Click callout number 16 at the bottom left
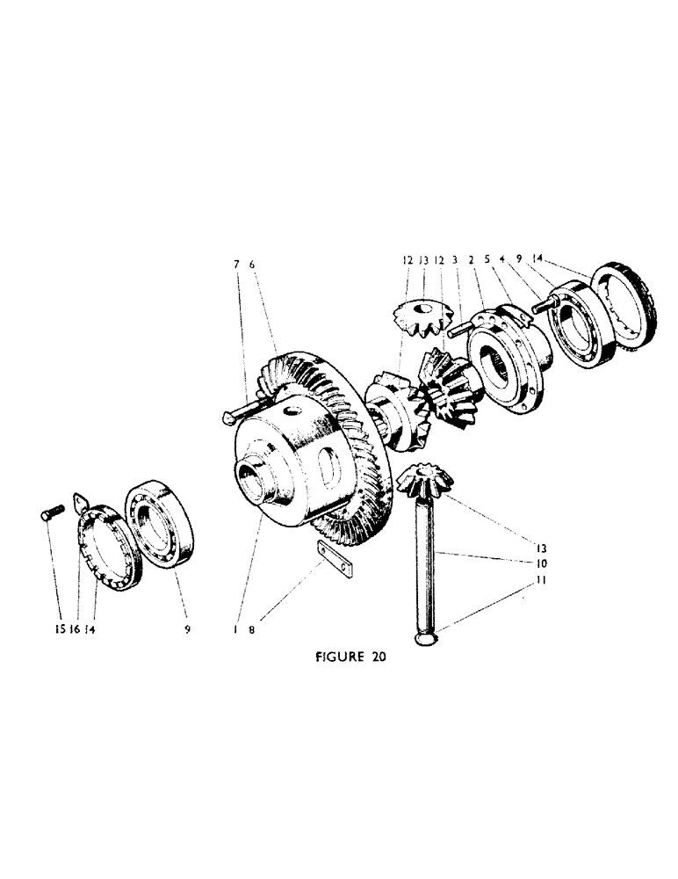(x=76, y=630)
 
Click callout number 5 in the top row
(x=487, y=261)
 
